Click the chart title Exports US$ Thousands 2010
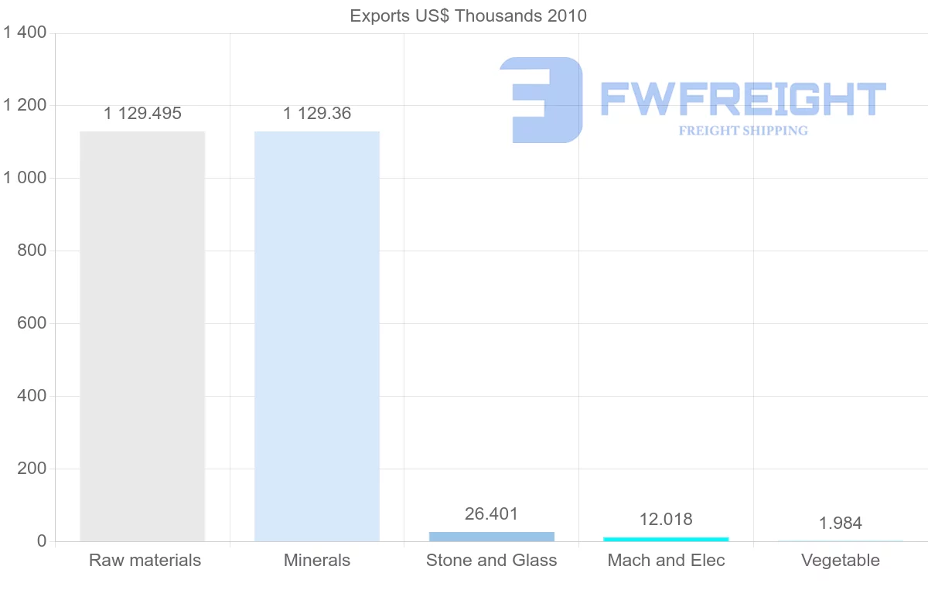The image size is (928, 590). [468, 15]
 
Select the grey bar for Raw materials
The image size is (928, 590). [142, 336]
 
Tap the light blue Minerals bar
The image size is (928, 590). [317, 336]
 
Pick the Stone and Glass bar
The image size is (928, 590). [492, 536]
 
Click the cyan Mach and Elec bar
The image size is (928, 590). [666, 539]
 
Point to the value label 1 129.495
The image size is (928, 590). [142, 114]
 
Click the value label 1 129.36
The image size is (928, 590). [317, 114]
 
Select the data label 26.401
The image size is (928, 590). [492, 513]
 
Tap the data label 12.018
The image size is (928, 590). [666, 519]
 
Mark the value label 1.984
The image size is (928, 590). [841, 523]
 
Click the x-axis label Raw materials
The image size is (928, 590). [145, 561]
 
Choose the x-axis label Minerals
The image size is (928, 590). [317, 561]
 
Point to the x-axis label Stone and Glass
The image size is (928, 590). [492, 561]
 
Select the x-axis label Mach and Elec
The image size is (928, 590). [667, 561]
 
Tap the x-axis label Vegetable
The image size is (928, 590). [841, 561]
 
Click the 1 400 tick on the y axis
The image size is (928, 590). [25, 32]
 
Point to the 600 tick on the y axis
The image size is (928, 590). [31, 323]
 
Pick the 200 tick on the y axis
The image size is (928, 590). [31, 469]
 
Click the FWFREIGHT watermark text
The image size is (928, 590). [742, 99]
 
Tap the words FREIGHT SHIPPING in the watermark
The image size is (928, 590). [743, 131]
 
